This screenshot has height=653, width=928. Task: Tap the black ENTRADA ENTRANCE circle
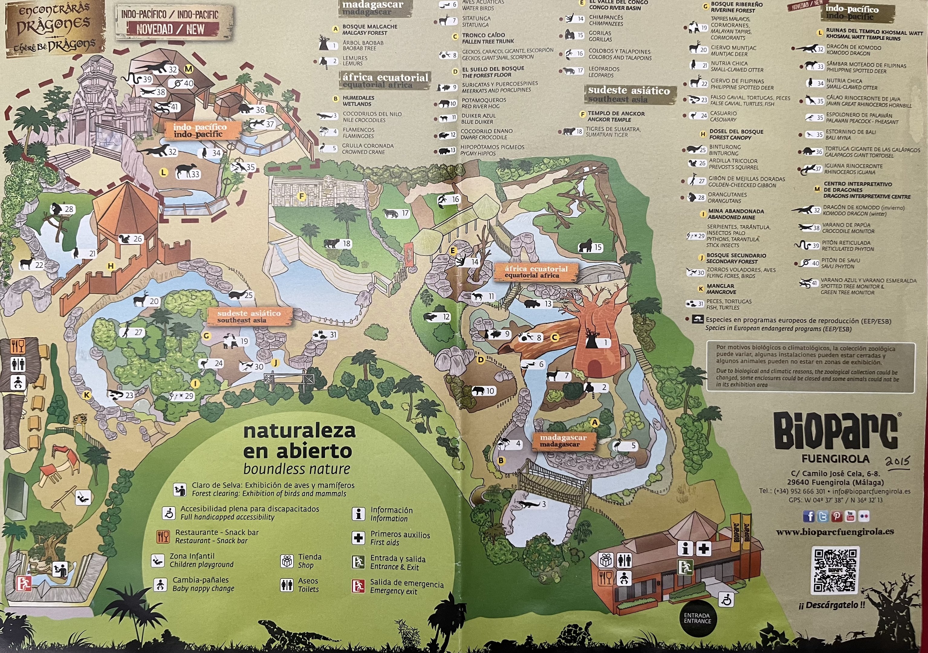click(697, 618)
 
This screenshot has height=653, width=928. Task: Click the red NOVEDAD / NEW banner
click(173, 29)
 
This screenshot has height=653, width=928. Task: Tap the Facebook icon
click(808, 516)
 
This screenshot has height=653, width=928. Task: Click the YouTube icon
click(850, 516)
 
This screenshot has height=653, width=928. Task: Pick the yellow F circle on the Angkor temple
click(301, 197)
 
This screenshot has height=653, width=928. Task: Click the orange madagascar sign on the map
click(563, 441)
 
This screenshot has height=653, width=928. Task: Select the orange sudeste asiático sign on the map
click(249, 316)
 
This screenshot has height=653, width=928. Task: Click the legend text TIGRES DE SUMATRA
click(613, 129)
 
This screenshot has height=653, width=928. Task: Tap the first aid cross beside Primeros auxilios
click(358, 538)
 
